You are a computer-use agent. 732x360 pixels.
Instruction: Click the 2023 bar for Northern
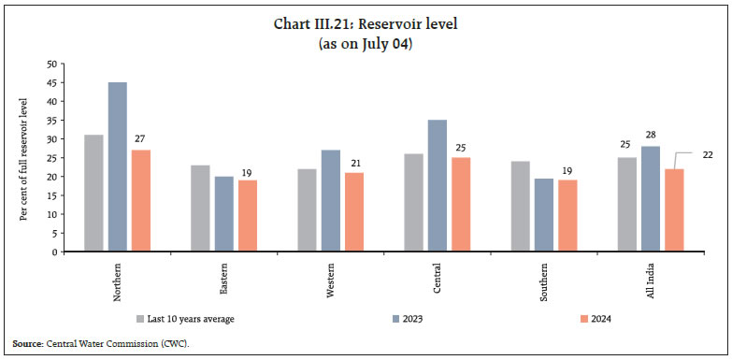pos(117,166)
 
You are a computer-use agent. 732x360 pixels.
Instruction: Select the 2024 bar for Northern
pos(140,200)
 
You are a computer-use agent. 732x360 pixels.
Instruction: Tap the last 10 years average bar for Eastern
pos(200,208)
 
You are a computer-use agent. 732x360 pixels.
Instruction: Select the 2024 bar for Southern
pos(567,215)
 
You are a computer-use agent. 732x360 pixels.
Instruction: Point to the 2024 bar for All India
pos(673,209)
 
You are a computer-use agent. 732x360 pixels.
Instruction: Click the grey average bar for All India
pos(626,204)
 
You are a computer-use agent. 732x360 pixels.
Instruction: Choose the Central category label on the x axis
pos(437,278)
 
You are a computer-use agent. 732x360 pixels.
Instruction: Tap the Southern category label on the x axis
pos(543,281)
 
